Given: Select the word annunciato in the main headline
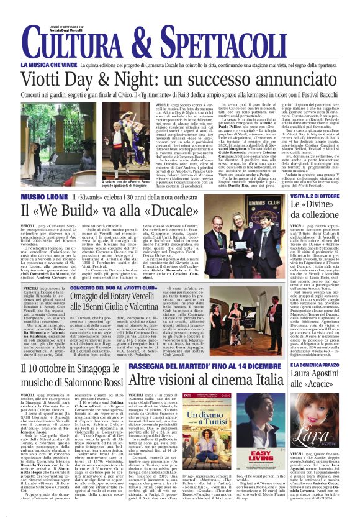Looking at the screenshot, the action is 277,78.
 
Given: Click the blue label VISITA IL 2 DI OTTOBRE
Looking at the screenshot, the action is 314,197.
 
